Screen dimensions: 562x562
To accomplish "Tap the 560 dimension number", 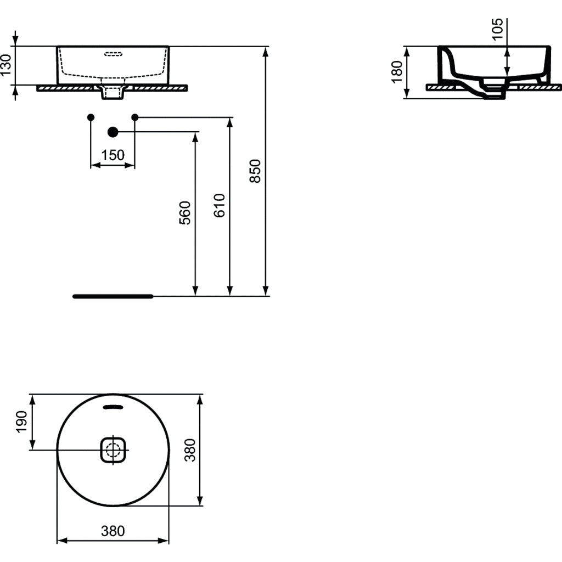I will (x=186, y=212).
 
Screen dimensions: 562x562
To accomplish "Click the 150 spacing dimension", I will (x=113, y=155).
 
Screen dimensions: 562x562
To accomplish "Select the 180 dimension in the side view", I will (x=397, y=72).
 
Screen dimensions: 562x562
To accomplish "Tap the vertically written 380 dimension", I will (x=190, y=450).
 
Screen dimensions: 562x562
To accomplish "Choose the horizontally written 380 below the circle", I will (x=113, y=531).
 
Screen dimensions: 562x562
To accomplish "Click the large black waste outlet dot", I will (x=113, y=132).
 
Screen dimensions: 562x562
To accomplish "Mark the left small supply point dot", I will (x=91, y=117).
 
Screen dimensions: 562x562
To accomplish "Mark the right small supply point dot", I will (x=135, y=117).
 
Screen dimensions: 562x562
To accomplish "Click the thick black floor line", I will (x=113, y=296).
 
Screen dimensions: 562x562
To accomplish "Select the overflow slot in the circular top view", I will (x=114, y=407).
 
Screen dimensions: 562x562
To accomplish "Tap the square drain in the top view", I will (x=114, y=450).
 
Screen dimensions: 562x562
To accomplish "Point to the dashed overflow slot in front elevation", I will (x=114, y=54).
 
